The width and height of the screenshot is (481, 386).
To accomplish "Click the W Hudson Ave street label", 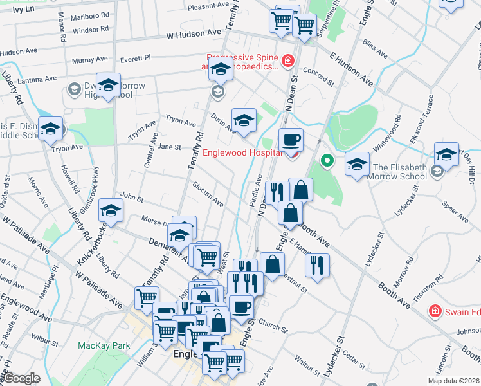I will (x=193, y=37).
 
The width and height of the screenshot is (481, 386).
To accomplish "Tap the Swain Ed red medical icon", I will (x=435, y=311).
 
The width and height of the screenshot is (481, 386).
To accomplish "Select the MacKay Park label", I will (x=104, y=345).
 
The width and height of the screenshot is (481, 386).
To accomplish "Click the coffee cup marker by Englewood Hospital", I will (x=290, y=140).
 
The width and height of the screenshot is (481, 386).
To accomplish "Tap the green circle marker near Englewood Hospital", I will (x=327, y=160).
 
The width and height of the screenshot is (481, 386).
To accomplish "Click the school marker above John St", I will (x=111, y=211).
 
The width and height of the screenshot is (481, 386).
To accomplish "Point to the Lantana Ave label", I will (x=37, y=79).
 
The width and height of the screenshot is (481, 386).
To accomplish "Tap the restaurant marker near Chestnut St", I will (x=316, y=263).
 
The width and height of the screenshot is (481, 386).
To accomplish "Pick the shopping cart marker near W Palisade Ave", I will (x=147, y=297).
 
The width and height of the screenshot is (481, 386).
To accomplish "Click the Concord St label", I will (x=319, y=78).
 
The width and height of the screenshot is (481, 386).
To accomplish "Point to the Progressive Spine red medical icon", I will (x=287, y=61).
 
